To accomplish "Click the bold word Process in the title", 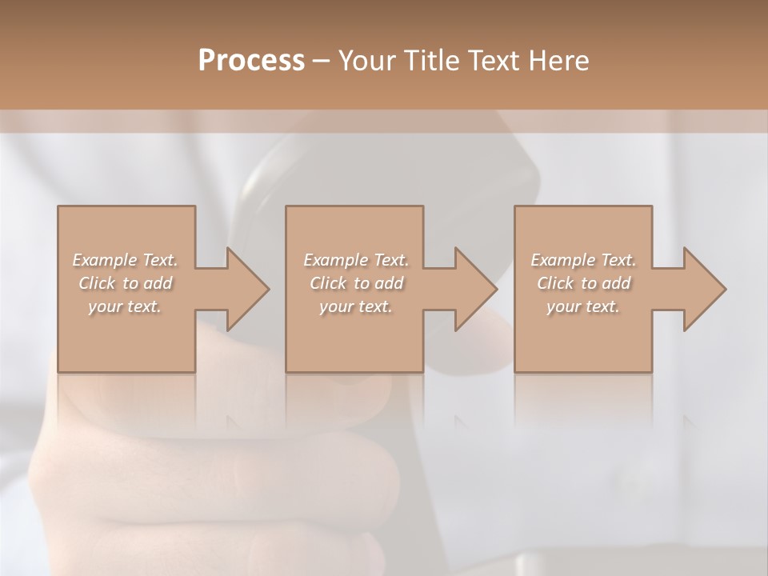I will (x=251, y=60).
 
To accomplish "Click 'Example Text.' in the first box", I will (x=125, y=260).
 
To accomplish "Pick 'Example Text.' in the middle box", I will (x=356, y=260).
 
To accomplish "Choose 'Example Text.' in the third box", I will (x=583, y=260).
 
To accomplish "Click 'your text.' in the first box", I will (x=125, y=306).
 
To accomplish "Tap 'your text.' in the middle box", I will (x=356, y=306).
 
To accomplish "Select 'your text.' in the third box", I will (x=583, y=306).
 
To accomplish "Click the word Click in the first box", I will (x=97, y=283).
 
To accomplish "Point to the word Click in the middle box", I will (x=328, y=283).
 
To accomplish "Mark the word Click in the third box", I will (x=555, y=283).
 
